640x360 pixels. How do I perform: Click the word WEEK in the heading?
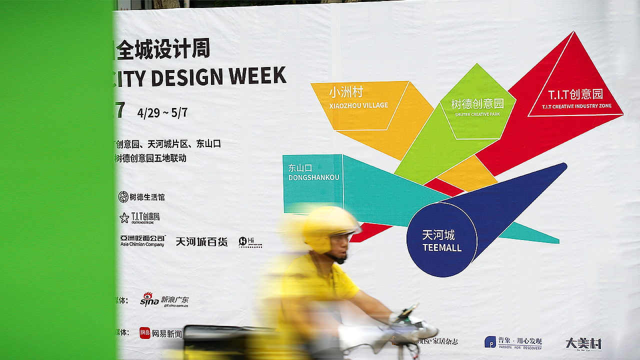click(x=258, y=75)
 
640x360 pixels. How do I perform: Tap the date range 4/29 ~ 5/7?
click(x=162, y=112)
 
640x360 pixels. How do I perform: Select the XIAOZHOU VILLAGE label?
click(x=358, y=105)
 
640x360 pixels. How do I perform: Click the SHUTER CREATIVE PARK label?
click(x=477, y=114)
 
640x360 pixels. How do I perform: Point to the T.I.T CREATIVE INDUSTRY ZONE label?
click(x=576, y=106)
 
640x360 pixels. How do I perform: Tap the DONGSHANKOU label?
click(x=313, y=177)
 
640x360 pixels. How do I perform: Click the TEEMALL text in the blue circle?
click(x=442, y=247)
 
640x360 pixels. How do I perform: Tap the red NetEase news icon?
click(x=145, y=333)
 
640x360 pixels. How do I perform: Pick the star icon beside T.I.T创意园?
click(x=124, y=217)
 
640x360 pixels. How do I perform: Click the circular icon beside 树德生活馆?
click(x=123, y=197)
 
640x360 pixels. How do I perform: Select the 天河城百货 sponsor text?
click(x=201, y=242)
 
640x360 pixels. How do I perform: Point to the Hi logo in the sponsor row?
click(x=244, y=241)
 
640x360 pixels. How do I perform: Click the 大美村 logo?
click(x=583, y=343)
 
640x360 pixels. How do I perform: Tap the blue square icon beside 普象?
click(x=490, y=342)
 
